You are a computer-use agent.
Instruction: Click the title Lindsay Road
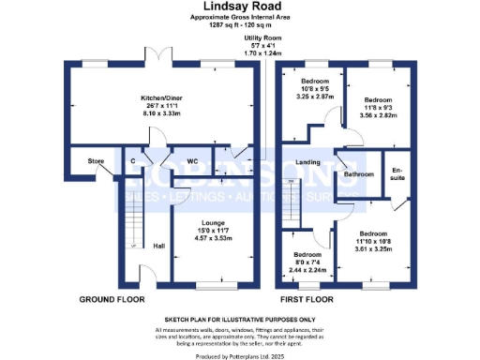click(241, 7)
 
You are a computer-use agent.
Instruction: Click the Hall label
click(158, 247)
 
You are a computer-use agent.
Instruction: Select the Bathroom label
click(359, 174)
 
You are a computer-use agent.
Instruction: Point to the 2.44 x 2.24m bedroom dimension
click(308, 268)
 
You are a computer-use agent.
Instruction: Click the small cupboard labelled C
click(134, 160)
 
